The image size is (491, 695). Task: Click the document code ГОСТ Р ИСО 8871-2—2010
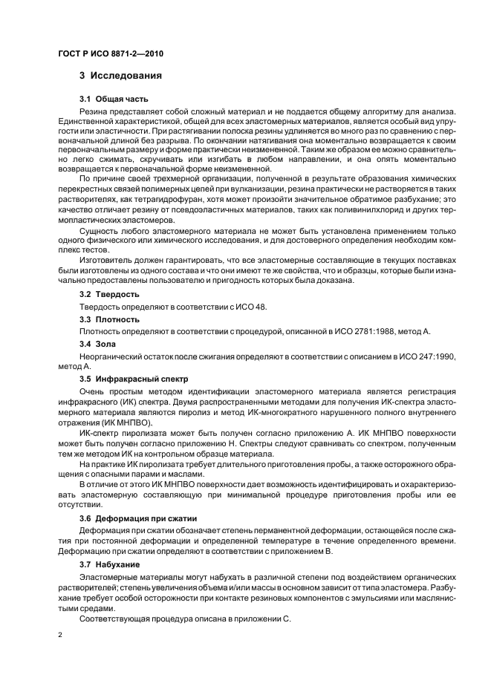pyautogui.click(x=111, y=55)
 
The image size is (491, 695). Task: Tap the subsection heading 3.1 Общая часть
pyautogui.click(x=114, y=98)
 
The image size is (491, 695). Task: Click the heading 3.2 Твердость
pyautogui.click(x=108, y=294)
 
